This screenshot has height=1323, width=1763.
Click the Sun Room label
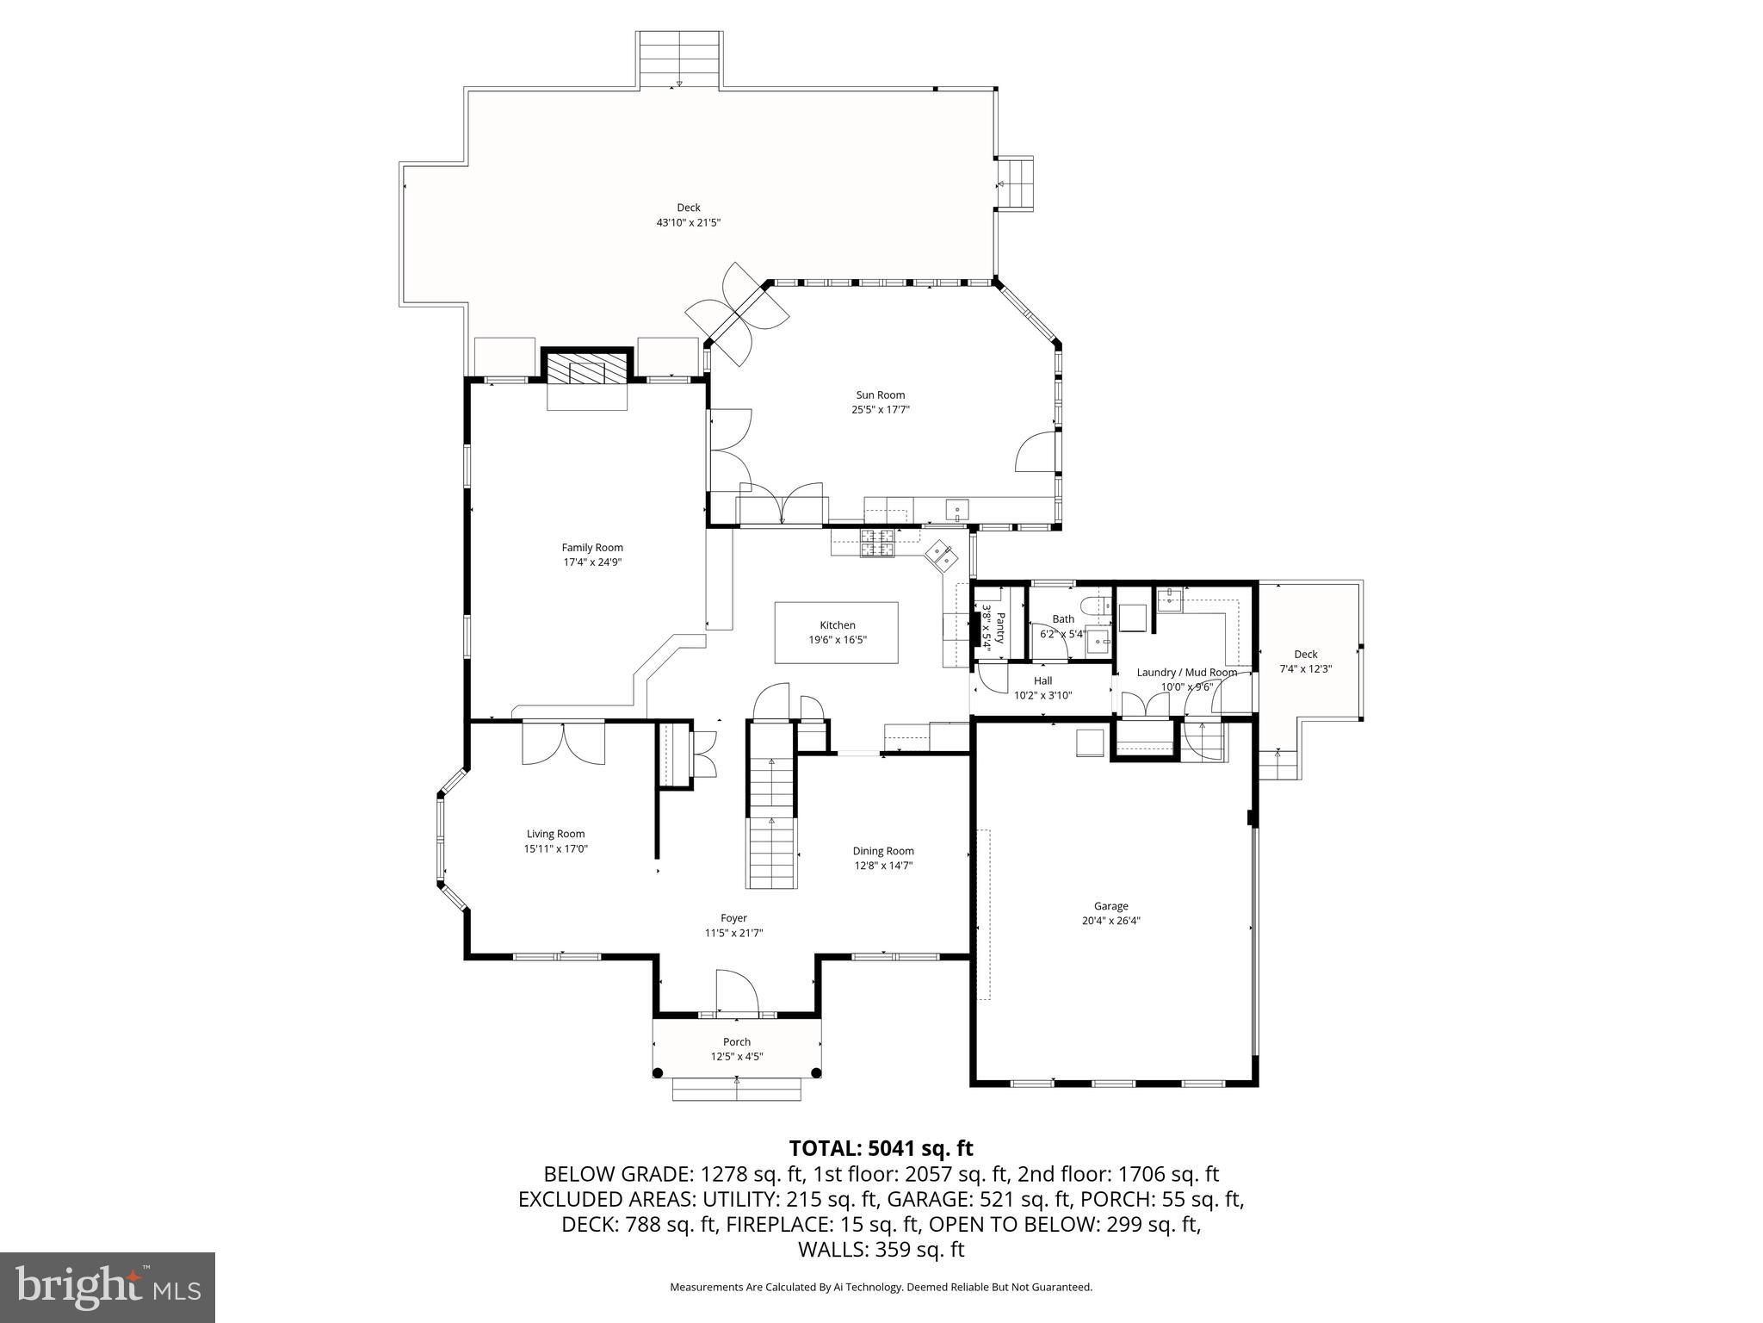(x=880, y=395)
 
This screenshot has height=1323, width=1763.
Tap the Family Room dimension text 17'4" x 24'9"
(x=592, y=562)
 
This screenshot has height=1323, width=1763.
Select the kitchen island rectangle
(x=836, y=632)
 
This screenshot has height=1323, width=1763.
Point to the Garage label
(x=1110, y=906)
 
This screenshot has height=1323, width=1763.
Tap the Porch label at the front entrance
(x=737, y=1042)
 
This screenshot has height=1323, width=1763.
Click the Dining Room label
(x=883, y=851)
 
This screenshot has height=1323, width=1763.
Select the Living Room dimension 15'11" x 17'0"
(x=556, y=848)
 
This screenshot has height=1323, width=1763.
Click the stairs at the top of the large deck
(x=679, y=59)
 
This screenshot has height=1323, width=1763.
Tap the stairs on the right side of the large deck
(x=1016, y=183)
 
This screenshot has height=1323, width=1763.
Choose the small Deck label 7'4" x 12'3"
(x=1305, y=668)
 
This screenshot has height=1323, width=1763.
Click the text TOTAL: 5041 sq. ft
(x=881, y=1148)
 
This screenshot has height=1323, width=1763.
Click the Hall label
(x=1042, y=680)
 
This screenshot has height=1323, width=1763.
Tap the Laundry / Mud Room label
(x=1186, y=673)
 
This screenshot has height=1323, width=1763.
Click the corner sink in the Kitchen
(x=941, y=555)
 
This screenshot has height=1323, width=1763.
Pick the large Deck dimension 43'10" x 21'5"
(x=688, y=222)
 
